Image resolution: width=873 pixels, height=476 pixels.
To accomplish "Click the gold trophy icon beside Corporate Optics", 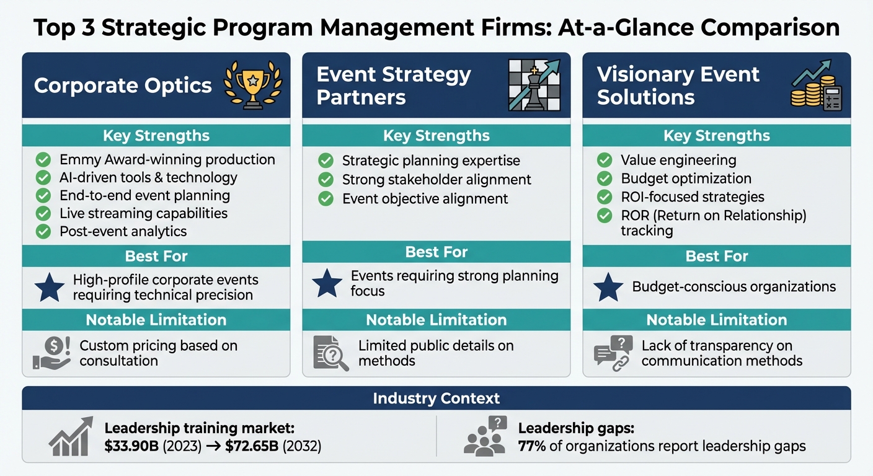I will tap(252, 86).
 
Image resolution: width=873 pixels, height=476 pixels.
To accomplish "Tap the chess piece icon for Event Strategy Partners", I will tap(534, 86).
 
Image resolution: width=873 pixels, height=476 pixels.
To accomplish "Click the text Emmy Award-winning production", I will tap(167, 159).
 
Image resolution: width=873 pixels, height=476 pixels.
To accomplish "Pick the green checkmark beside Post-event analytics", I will tap(43, 231).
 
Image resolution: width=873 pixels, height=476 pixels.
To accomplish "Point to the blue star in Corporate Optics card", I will tap(50, 287).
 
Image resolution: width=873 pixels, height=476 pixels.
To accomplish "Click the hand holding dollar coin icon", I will tap(50, 353).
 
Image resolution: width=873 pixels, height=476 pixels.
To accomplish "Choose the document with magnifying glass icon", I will tap(330, 353).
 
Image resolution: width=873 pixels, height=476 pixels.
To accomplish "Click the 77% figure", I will tap(532, 446).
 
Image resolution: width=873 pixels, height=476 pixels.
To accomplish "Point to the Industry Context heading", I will tap(436, 398).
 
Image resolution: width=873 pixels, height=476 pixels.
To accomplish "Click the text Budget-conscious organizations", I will tap(734, 287).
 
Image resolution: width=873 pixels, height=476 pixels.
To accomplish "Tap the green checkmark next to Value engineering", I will tap(605, 160).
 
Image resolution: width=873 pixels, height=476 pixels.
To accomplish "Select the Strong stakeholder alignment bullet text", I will tap(436, 180).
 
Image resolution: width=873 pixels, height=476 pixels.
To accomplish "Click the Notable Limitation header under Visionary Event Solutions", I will tap(717, 320).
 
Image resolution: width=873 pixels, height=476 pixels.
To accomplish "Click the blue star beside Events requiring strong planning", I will tap(327, 283).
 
